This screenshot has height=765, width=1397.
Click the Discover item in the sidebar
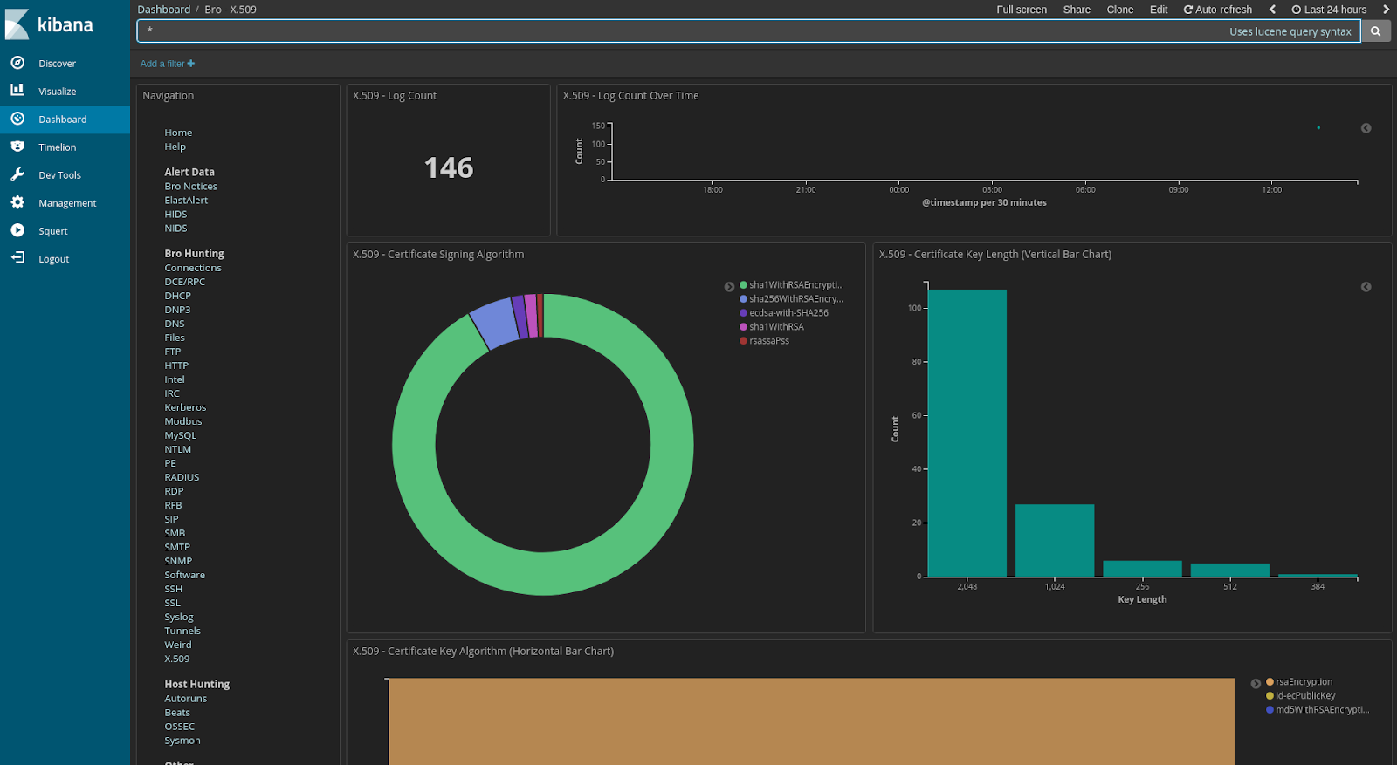tap(57, 64)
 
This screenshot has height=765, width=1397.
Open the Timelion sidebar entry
tap(57, 147)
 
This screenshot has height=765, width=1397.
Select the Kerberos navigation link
tap(185, 407)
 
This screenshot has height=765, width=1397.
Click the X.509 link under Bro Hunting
tap(176, 659)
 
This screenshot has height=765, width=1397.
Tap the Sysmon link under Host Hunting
tap(182, 741)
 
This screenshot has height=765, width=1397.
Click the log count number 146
tap(448, 167)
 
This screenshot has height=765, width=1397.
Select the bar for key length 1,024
tap(1054, 540)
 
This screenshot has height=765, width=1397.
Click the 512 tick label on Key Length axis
tap(1229, 587)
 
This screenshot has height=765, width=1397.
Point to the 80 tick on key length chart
tap(916, 362)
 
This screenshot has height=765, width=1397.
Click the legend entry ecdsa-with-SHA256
tap(788, 313)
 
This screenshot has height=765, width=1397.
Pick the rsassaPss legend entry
tap(768, 341)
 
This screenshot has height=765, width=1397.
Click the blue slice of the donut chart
tap(495, 323)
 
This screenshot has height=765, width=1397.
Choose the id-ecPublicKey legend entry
tap(1304, 696)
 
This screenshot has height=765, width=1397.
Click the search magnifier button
tap(1375, 31)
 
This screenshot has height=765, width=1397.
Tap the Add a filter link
tap(167, 64)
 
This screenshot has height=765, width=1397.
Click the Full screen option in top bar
tap(1021, 10)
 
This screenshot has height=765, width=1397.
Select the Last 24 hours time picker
tap(1329, 10)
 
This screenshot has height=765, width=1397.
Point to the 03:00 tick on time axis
tap(992, 190)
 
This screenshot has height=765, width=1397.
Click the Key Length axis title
tap(1141, 599)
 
